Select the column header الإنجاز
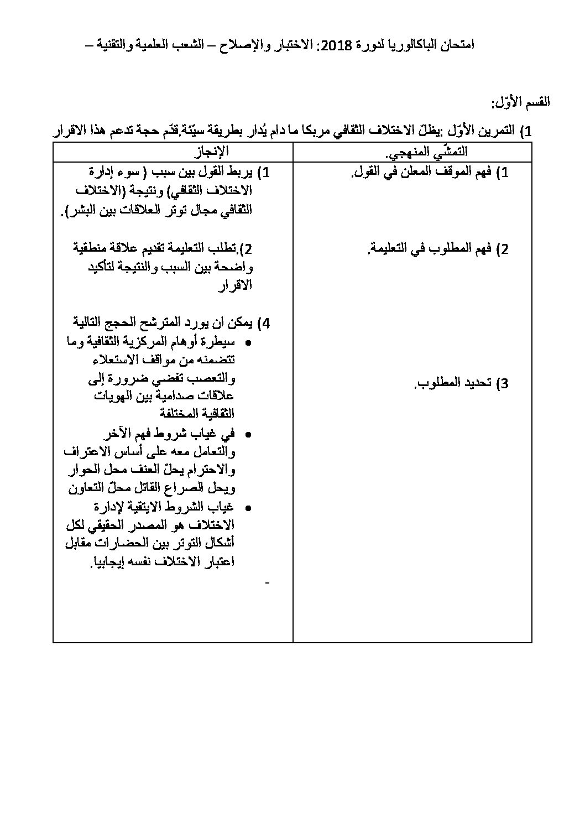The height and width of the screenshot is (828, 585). click(x=213, y=151)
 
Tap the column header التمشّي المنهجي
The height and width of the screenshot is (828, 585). click(x=440, y=151)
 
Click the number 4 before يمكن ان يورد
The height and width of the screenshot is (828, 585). click(x=266, y=323)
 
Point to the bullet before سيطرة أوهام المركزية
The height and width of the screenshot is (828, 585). click(x=248, y=343)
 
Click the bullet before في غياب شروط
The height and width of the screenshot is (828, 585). click(x=248, y=434)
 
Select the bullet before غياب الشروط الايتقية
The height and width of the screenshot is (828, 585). click(x=248, y=508)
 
